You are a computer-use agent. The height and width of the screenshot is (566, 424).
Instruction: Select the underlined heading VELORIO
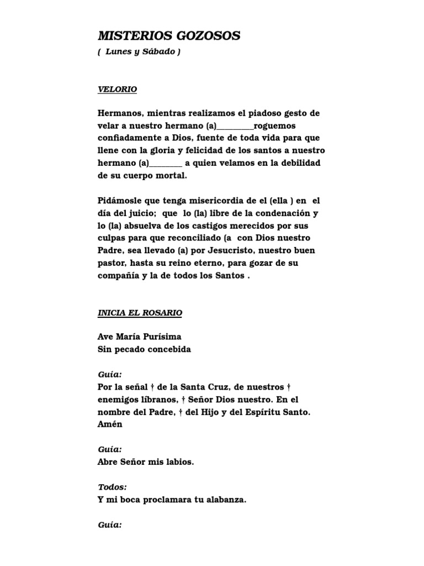118,89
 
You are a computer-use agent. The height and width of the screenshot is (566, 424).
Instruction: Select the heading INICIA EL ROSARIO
140,313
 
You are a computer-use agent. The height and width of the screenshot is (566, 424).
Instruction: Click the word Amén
110,424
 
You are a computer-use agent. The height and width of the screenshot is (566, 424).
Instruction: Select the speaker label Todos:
112,487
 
